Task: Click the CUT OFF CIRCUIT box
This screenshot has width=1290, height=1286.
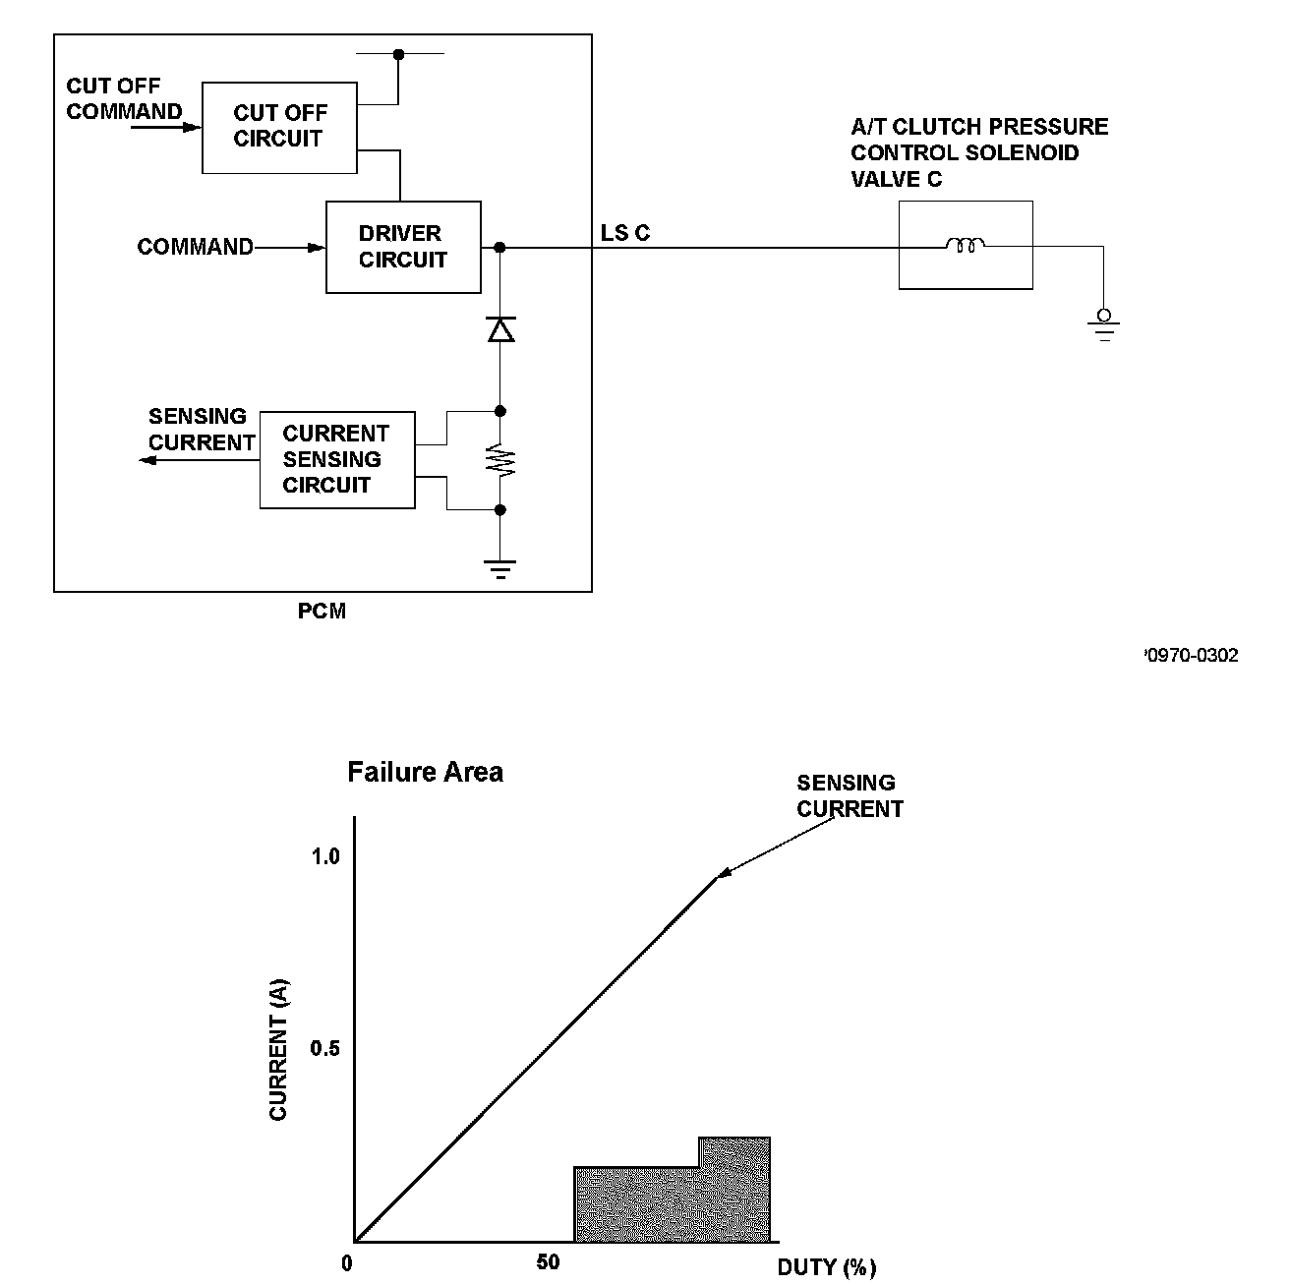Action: (279, 128)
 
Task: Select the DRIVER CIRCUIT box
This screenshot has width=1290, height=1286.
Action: (403, 247)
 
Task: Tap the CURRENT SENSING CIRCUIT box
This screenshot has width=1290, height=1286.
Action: (336, 459)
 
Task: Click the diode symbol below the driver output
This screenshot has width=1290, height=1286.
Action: (500, 330)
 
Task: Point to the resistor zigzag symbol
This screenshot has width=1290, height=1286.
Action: (500, 460)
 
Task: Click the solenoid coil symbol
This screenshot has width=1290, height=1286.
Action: (965, 246)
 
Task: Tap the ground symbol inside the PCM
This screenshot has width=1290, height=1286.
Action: (500, 567)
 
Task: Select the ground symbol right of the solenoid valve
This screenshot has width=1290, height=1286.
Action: (1104, 324)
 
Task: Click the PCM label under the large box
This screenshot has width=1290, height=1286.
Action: (322, 612)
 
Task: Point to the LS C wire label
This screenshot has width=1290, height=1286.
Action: (625, 234)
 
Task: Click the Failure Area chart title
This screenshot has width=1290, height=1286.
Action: (425, 773)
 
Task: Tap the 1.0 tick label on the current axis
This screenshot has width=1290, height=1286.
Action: (325, 857)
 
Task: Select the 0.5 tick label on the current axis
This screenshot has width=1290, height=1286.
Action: (325, 1049)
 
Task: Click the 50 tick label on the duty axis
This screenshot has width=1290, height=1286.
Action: (548, 1263)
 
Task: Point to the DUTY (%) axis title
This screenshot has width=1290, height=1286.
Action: (826, 1267)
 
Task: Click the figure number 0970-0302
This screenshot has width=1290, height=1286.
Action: (1192, 656)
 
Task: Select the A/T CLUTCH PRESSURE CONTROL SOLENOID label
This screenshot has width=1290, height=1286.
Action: (978, 152)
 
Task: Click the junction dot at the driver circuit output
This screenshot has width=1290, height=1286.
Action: (499, 247)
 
